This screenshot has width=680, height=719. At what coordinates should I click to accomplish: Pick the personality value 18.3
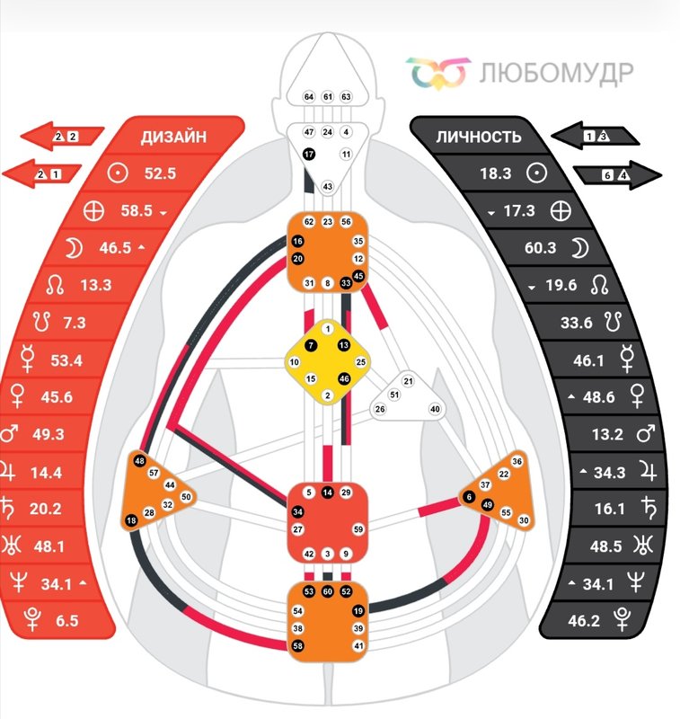point(495,173)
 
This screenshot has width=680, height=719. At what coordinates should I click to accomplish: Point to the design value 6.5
point(66,620)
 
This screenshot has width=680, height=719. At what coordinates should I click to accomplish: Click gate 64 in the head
point(308,96)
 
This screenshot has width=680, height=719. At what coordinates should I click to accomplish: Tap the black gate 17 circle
point(309,155)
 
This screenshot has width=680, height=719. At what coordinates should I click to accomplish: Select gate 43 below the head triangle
point(327,186)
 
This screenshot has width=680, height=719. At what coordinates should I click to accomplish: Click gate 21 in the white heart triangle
point(409,381)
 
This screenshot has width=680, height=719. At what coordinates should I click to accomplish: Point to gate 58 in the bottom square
point(297,646)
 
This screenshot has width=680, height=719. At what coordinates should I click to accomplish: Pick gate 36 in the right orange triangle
point(517,461)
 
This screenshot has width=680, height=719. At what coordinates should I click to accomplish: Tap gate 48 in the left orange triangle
point(140,461)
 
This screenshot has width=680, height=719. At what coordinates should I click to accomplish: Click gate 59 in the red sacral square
point(358,530)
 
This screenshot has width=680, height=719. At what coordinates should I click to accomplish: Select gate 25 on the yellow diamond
point(361,362)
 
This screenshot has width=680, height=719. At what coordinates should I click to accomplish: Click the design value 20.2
point(45,509)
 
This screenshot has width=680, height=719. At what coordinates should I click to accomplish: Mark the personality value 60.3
point(540,248)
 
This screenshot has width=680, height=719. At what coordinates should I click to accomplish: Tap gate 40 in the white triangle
point(436,409)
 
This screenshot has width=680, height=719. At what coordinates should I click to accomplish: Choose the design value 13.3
point(95,285)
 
